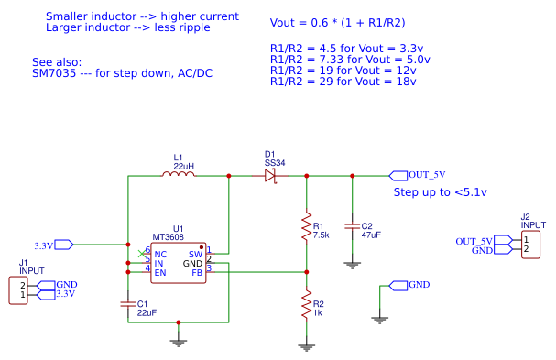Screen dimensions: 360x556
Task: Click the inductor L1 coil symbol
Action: point(178,175)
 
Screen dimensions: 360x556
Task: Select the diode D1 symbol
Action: point(269,175)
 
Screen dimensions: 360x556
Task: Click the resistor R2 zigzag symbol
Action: point(306,307)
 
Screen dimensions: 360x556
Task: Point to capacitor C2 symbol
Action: point(352,224)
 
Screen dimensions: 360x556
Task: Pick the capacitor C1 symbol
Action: point(127,302)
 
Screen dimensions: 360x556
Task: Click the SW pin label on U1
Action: point(195,254)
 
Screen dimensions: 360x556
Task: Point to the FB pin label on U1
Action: point(196,273)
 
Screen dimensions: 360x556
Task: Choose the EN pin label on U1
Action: point(160,273)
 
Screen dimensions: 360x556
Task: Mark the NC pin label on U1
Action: point(160,254)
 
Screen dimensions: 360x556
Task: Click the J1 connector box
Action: point(17,290)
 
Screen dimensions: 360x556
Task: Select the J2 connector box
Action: point(530,245)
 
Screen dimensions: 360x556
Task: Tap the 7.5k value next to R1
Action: point(321,235)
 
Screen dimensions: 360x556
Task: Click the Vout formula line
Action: point(335,22)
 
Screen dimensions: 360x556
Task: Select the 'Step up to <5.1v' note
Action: point(440,192)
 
